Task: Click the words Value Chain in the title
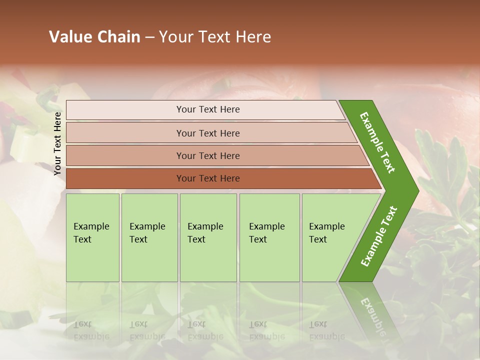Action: click(x=94, y=37)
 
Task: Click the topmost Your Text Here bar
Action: click(x=207, y=109)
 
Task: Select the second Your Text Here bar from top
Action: click(x=208, y=133)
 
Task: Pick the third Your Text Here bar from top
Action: click(x=208, y=156)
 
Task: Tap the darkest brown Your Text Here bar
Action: click(x=208, y=178)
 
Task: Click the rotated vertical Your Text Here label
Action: click(x=57, y=143)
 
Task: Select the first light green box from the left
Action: click(x=92, y=237)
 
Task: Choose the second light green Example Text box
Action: click(x=149, y=237)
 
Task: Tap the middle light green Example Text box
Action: click(x=208, y=237)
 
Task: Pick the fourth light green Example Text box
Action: click(x=269, y=237)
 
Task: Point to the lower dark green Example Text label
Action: click(x=379, y=236)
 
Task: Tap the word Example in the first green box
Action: click(x=91, y=226)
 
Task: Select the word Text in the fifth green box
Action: click(x=318, y=239)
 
